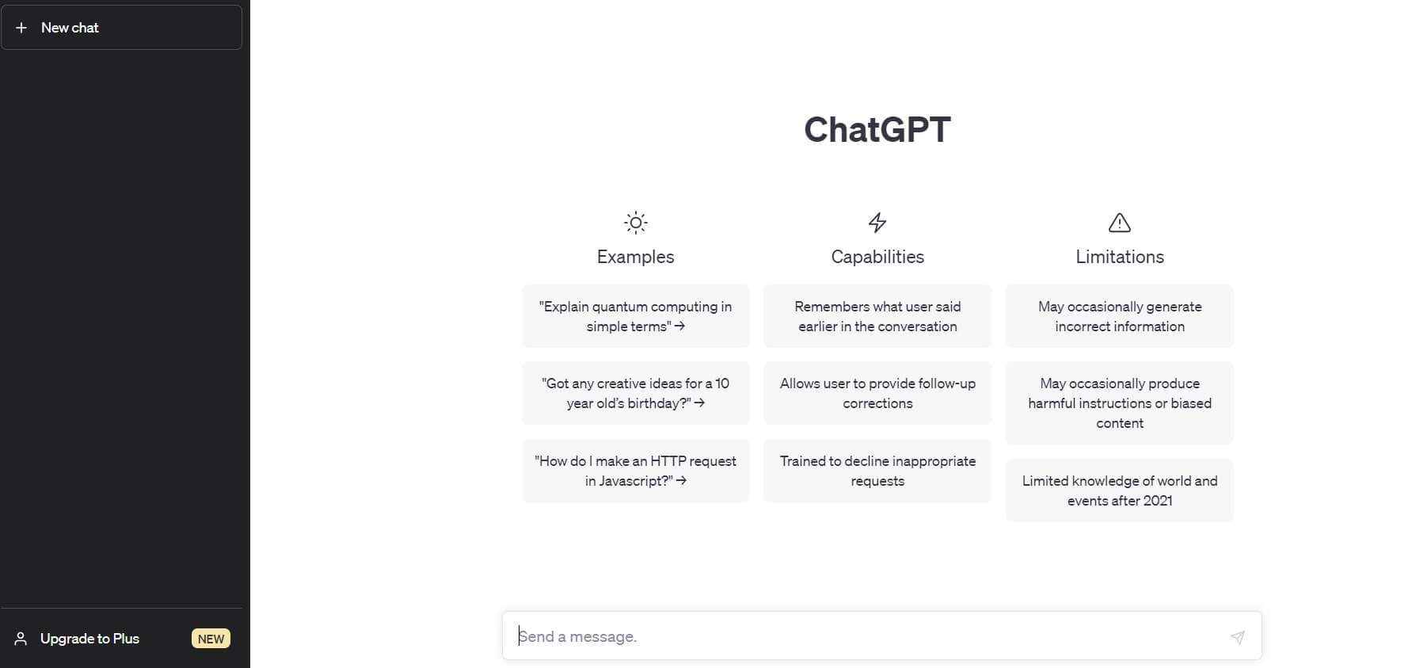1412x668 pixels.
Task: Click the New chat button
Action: (121, 28)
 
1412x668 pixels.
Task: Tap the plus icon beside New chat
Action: (21, 28)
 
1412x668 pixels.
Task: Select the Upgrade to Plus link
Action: (89, 639)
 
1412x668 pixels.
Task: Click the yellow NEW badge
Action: (211, 639)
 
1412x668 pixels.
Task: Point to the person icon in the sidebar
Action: (21, 639)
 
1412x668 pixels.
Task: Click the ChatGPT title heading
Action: (877, 130)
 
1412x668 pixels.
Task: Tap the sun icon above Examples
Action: (636, 223)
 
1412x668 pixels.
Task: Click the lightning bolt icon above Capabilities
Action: (877, 223)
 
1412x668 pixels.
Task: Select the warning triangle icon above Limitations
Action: (1120, 223)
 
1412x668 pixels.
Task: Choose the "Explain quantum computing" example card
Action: (636, 316)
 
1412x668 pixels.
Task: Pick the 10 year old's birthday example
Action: (636, 393)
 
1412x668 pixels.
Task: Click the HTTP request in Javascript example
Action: (636, 471)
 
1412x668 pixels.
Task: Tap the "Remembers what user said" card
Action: (877, 316)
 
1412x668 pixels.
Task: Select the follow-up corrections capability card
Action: (877, 393)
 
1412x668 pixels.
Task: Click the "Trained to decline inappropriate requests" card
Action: (877, 471)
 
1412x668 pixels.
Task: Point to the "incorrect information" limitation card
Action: (1120, 316)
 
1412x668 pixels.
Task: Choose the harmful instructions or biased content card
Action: (1120, 403)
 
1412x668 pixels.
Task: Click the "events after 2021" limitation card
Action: (1120, 491)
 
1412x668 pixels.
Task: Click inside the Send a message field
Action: (863, 636)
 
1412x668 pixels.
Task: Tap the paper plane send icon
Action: (1238, 637)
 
